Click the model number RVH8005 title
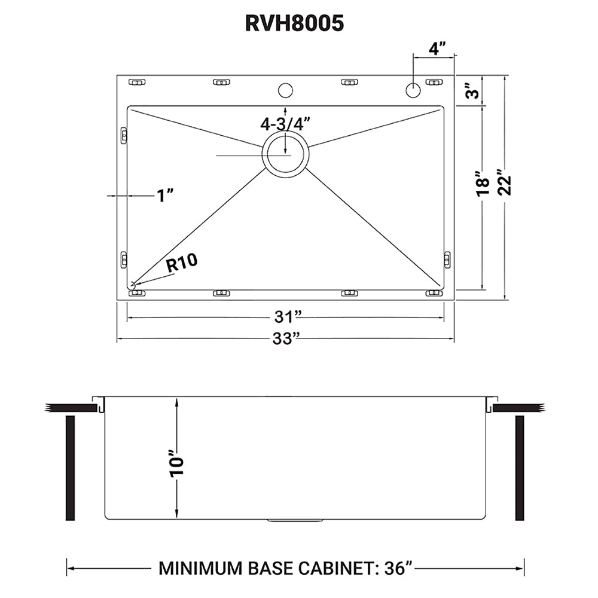point(294,23)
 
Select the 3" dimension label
point(472,93)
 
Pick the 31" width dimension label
point(285,315)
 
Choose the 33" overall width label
point(285,338)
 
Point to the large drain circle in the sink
point(285,154)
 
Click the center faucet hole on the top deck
point(285,90)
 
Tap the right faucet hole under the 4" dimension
point(413,90)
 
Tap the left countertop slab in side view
point(71,408)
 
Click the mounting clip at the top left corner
point(137,81)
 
